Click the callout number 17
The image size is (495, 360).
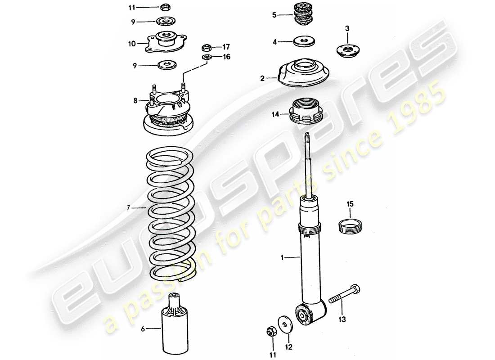click(226, 46)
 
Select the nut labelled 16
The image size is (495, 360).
click(207, 57)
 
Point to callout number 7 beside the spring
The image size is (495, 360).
click(128, 208)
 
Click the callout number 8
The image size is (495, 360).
click(135, 101)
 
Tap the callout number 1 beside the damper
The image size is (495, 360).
click(282, 258)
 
